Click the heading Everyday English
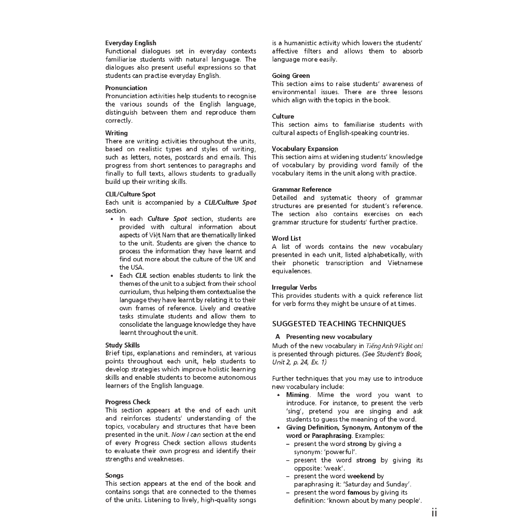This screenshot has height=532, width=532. pos(130,43)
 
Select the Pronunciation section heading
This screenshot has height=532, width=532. pos(126,88)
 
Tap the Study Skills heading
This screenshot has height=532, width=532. pos(123,345)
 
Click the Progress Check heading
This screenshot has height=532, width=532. pos(128,402)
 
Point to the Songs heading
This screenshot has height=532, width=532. pos(114,475)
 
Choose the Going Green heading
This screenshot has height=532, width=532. pos(291,76)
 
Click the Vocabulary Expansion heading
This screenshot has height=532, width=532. pos(305,149)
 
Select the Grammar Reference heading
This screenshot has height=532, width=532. pos(301,190)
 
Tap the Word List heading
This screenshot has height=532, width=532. pos(286,238)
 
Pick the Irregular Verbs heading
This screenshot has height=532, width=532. pos(294,287)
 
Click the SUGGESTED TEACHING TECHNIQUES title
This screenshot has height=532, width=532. pos(339,324)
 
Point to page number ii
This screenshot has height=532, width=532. pos(434,513)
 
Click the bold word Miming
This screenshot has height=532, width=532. pos(297,395)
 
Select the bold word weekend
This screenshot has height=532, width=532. pos(361,476)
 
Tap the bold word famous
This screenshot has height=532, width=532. pos(359,493)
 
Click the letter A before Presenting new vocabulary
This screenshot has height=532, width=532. pos(278,337)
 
